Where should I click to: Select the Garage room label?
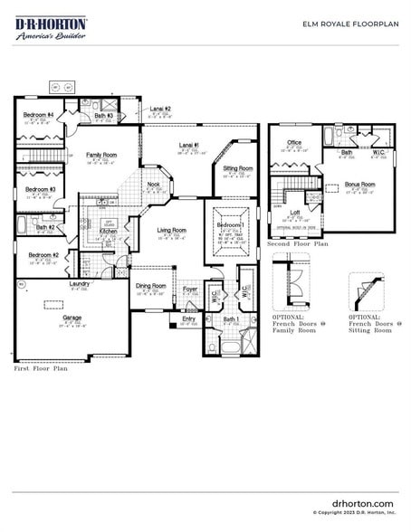[x=72, y=318]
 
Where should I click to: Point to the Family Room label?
[x=101, y=155]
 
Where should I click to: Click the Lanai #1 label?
[x=188, y=145]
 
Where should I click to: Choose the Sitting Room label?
[x=238, y=168]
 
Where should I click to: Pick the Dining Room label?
[x=150, y=286]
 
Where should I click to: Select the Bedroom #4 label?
[x=38, y=115]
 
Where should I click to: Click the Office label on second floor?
[x=294, y=142]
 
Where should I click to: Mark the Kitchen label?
[x=108, y=231]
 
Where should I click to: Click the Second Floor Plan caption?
[x=297, y=244]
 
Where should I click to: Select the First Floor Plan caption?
[x=41, y=369]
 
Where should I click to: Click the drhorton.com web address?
[x=363, y=503]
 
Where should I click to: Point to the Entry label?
[x=188, y=318]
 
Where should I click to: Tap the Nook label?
[x=154, y=185]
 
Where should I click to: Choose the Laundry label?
[x=79, y=284]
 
